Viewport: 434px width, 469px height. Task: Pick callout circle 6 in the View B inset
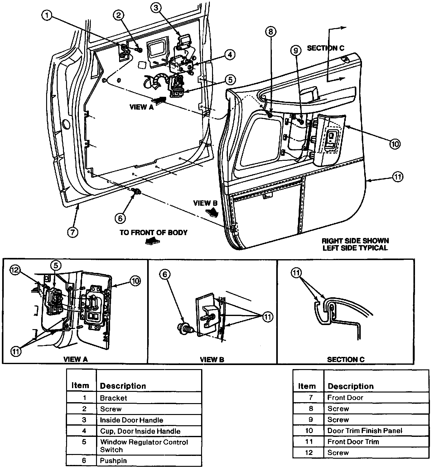pos(165,274)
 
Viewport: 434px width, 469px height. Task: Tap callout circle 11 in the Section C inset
pos(296,273)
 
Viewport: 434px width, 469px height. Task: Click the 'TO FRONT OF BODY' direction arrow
pos(152,241)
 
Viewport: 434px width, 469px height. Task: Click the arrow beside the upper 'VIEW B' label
pos(213,212)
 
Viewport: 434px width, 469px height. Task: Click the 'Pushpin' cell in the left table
pos(113,461)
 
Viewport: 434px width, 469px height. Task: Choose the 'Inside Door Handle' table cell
pos(131,420)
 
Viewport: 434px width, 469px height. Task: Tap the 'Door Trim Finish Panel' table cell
pos(364,431)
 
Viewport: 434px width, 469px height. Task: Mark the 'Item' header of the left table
pos(80,386)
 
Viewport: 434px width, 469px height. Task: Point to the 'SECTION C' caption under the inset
pos(345,359)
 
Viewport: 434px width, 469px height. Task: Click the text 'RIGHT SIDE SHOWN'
pos(355,241)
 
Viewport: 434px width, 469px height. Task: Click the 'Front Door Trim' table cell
pos(353,442)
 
